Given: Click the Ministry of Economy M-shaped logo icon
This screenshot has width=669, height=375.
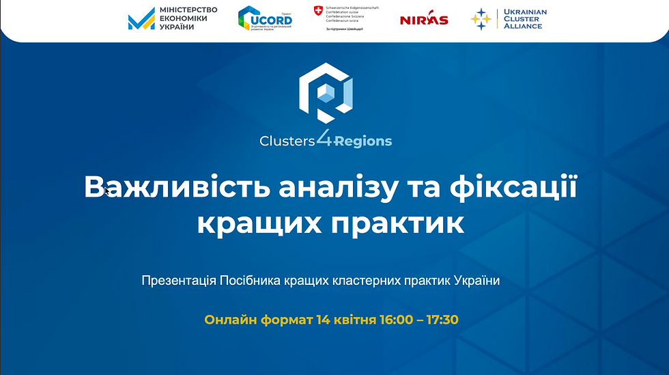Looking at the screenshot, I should [141, 20].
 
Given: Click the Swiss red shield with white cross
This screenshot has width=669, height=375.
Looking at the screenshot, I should [317, 10].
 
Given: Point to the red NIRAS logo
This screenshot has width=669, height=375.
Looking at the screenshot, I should [424, 20].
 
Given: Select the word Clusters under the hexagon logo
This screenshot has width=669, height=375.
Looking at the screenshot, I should [287, 141].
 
